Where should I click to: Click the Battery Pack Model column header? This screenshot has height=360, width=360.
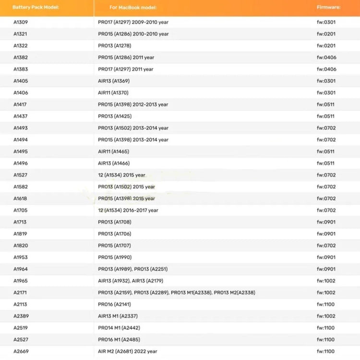(x=36, y=8)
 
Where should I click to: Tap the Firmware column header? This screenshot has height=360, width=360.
(x=329, y=8)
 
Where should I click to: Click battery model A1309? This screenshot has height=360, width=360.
(x=21, y=22)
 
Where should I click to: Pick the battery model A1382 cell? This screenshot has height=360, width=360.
(x=21, y=58)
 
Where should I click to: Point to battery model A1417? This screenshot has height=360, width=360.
(x=21, y=105)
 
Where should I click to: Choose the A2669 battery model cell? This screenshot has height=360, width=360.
(x=21, y=351)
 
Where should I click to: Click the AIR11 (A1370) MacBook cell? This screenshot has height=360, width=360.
(x=113, y=93)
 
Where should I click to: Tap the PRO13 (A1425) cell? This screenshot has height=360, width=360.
(x=115, y=116)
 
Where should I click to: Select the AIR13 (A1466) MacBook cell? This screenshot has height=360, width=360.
(x=114, y=163)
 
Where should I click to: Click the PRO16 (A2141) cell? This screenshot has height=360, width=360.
(x=114, y=304)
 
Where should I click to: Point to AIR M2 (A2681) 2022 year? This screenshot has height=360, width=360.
(x=128, y=351)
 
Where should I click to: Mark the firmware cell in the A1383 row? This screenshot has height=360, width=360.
(x=326, y=69)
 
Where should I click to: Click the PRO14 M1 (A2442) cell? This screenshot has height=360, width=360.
(x=119, y=328)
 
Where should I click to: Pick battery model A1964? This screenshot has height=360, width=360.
(x=21, y=269)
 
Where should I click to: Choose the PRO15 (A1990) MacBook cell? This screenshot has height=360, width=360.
(x=115, y=257)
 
